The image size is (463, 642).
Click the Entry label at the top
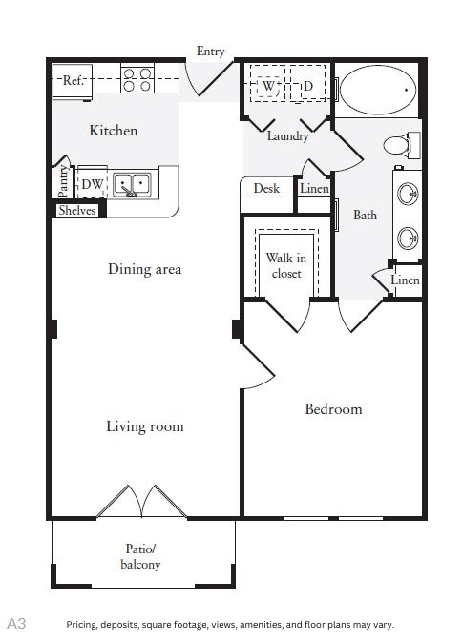tap(210, 52)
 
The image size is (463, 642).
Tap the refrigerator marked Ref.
tap(74, 81)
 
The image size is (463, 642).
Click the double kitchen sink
tap(132, 183)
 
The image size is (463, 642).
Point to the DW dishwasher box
tap(92, 184)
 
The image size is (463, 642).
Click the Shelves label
tap(76, 211)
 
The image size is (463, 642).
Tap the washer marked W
tap(269, 87)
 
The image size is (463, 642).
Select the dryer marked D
tap(307, 87)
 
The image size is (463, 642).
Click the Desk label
tap(266, 188)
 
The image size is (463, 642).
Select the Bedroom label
tap(333, 409)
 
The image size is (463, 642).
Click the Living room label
tap(144, 425)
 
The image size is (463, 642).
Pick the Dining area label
tap(144, 269)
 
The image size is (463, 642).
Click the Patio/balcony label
tap(140, 556)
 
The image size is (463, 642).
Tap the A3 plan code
tap(17, 623)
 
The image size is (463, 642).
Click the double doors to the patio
tap(143, 502)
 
